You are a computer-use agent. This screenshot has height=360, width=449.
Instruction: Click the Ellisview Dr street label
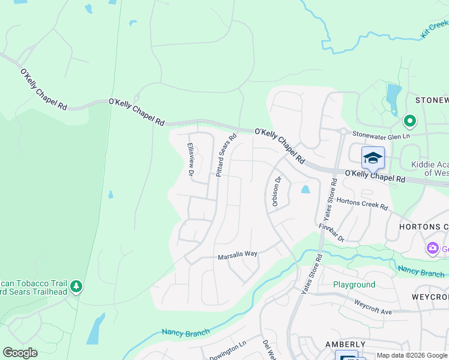190,160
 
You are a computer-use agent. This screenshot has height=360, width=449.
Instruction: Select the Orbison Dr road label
277,191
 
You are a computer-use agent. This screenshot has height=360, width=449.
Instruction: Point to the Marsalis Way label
237,254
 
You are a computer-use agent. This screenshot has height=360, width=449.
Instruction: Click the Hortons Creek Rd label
362,203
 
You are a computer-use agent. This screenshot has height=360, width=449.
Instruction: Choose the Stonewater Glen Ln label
381,135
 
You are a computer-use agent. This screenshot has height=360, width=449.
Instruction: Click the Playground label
354,284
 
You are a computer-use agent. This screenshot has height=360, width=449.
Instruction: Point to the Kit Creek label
435,29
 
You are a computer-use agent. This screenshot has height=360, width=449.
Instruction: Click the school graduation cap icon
373,158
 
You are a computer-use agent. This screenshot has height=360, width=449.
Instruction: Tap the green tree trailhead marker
76,287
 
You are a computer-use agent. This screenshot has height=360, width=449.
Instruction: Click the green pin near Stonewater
410,122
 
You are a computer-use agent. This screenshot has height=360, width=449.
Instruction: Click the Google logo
20,353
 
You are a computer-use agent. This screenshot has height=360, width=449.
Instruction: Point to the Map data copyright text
412,355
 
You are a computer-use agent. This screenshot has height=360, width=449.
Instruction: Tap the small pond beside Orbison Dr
306,190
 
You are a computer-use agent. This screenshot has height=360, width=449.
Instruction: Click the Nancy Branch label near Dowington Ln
185,332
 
